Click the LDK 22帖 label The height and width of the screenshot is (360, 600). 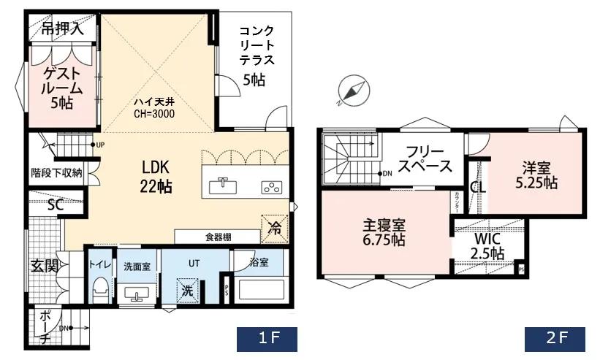tap(156, 176)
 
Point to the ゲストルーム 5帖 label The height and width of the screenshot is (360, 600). tap(61, 87)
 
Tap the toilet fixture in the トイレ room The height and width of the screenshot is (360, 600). tap(99, 288)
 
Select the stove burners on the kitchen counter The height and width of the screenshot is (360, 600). tap(271, 186)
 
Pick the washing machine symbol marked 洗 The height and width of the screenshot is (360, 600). tap(189, 289)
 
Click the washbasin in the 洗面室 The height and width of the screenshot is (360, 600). tap(137, 294)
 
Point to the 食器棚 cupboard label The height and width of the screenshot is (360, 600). tap(218, 237)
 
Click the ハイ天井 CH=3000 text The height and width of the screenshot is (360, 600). tap(153, 108)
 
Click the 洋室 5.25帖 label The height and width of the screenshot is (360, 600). tap(537, 174)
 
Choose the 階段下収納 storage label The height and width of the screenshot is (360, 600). tap(56, 173)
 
